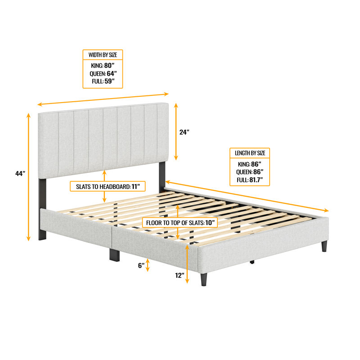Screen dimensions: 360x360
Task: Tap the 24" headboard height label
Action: pos(184,132)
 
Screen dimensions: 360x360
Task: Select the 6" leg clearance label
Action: pos(141,265)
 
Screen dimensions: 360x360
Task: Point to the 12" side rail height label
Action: pos(180,275)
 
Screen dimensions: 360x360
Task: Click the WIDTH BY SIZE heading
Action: pos(103,55)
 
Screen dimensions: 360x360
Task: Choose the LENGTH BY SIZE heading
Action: pos(250,153)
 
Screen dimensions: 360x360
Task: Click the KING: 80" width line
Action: pos(103,65)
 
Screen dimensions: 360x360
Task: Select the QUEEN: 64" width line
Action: pos(103,73)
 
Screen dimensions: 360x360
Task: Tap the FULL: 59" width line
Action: pos(103,81)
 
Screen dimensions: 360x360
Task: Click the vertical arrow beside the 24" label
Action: pos(176,132)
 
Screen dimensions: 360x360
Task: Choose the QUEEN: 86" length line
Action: pos(250,172)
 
